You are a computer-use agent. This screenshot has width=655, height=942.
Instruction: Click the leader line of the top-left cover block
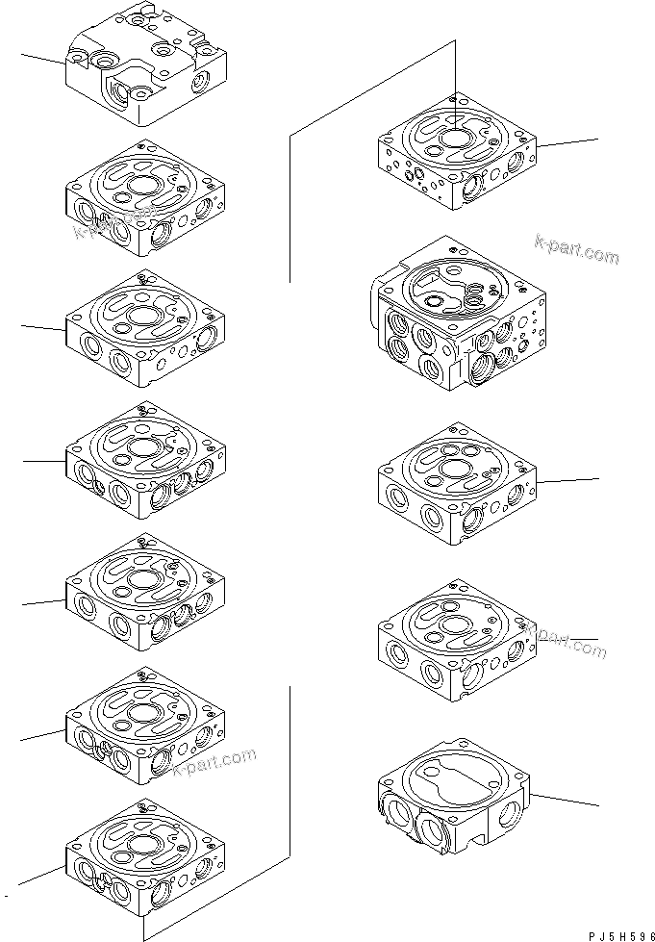(42, 60)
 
